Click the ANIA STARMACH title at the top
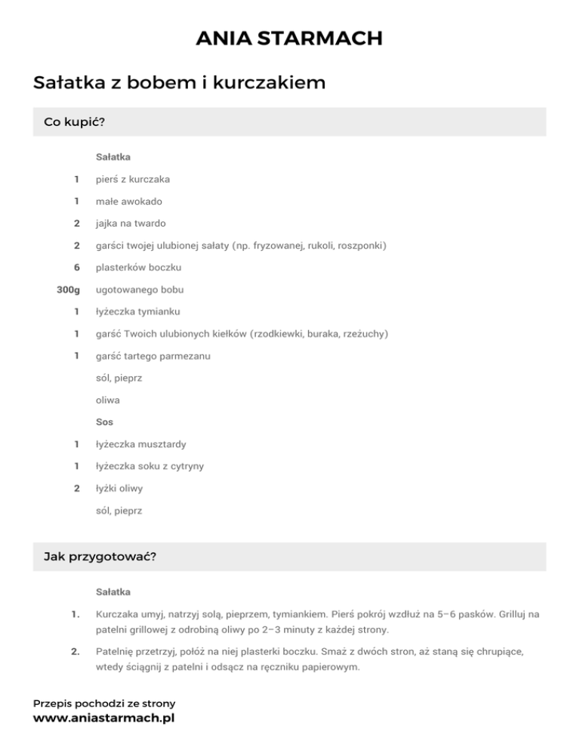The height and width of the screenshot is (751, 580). [x=289, y=38]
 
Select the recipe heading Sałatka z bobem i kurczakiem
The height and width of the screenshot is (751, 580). [x=179, y=82]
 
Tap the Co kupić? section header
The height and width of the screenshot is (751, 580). [x=74, y=122]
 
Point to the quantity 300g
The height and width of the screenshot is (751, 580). [x=68, y=289]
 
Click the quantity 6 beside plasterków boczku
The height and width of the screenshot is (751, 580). [x=76, y=267]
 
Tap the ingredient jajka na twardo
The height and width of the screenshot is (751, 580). [x=131, y=224]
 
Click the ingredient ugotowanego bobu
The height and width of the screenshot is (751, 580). [x=140, y=289]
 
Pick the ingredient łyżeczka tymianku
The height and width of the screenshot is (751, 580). [x=137, y=311]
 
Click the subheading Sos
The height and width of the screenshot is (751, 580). [x=104, y=422]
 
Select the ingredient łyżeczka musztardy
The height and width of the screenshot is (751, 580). [x=140, y=444]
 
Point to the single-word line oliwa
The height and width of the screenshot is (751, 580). [x=108, y=400]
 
